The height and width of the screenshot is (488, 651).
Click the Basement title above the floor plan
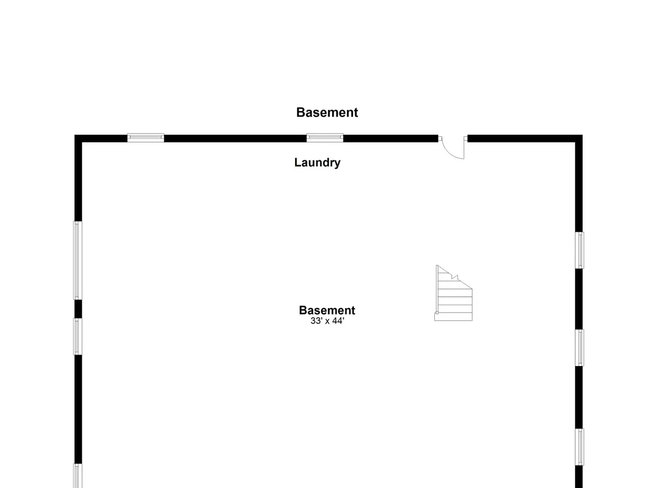click(x=327, y=112)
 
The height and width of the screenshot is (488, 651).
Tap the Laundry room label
click(x=317, y=163)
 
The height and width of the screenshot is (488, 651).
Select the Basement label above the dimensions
click(x=327, y=310)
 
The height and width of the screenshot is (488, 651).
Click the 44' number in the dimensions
click(x=338, y=321)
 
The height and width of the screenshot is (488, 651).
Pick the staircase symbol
click(x=454, y=293)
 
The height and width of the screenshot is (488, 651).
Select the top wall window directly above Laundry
click(x=325, y=138)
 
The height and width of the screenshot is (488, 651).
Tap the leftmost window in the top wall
click(x=145, y=138)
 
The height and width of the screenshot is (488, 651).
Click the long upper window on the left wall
click(x=78, y=260)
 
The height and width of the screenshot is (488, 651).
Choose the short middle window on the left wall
click(x=78, y=337)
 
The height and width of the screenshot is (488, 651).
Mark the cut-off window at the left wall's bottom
click(x=78, y=476)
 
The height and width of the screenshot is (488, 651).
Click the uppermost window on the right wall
click(x=579, y=251)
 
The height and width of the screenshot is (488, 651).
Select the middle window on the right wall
click(x=579, y=348)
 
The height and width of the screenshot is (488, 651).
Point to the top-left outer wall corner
click(x=75, y=135)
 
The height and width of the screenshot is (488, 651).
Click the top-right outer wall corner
click(x=582, y=135)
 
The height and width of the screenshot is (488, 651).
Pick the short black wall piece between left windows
click(x=78, y=309)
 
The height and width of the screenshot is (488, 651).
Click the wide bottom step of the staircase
click(x=454, y=317)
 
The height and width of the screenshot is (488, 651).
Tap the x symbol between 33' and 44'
click(x=328, y=321)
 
